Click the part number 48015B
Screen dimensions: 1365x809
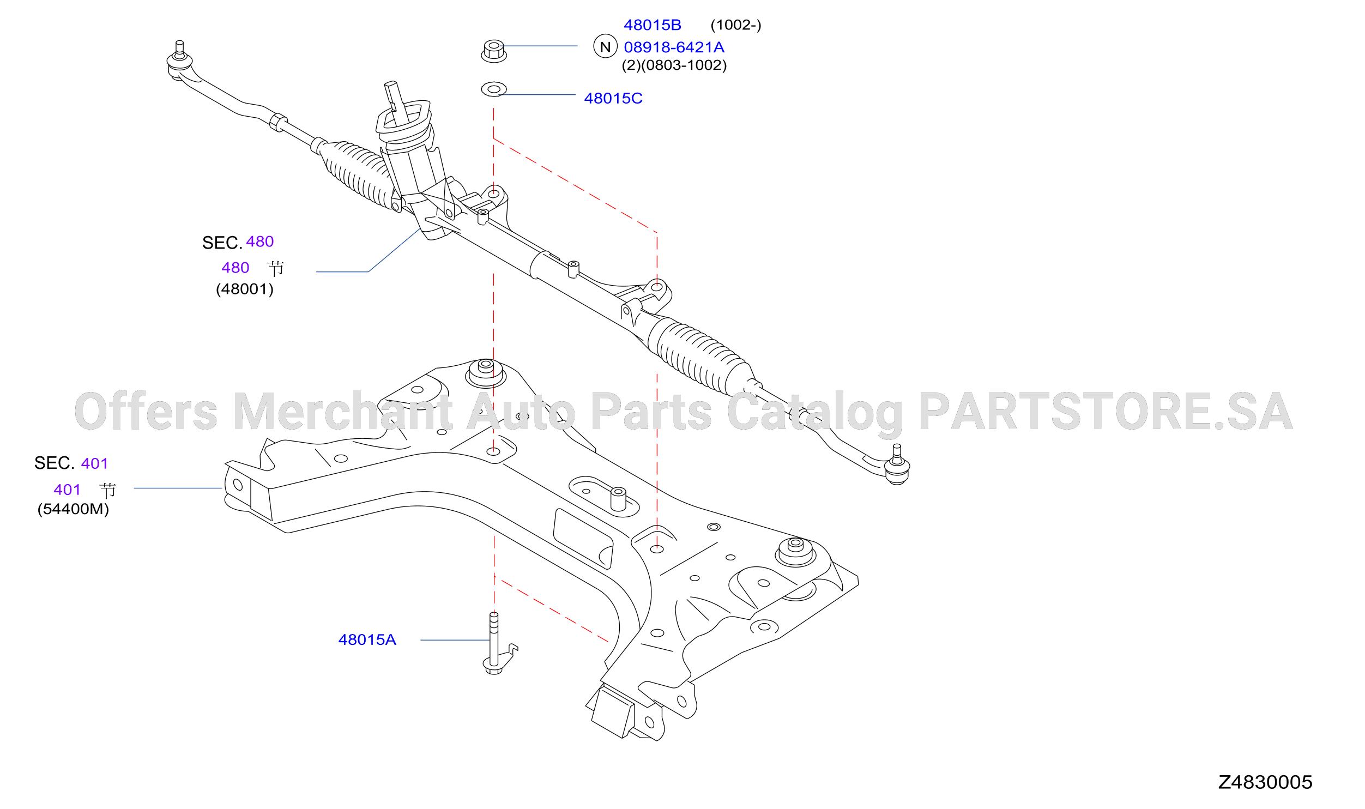click(652, 25)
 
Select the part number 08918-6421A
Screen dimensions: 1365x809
click(674, 47)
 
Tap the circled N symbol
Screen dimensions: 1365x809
click(605, 46)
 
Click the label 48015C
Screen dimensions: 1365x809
click(613, 98)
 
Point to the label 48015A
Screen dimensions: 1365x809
click(367, 639)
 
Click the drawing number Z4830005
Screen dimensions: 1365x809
click(1265, 782)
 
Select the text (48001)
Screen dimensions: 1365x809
click(245, 289)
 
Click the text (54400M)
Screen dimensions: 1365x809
click(73, 509)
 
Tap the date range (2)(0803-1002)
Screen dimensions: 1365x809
click(674, 65)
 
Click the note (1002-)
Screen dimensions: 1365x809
click(736, 25)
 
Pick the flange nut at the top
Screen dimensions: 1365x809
click(494, 51)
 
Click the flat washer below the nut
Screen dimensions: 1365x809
click(494, 89)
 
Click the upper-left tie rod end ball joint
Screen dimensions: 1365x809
click(179, 61)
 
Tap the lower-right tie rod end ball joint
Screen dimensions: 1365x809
click(897, 466)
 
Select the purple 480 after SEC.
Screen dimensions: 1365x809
click(259, 242)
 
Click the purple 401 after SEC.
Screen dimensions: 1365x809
click(94, 463)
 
